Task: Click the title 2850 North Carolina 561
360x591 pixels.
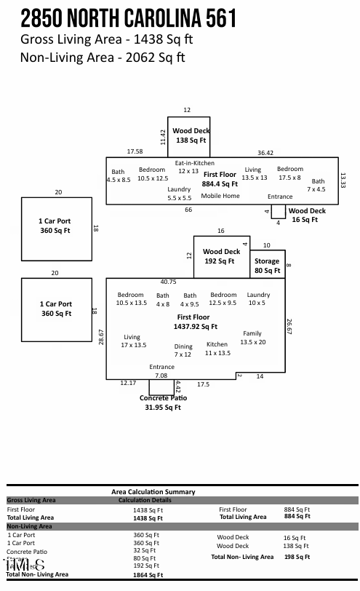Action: [x=129, y=17]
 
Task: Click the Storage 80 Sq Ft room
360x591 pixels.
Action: [x=267, y=266]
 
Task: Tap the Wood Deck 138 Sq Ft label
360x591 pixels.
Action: [x=191, y=135]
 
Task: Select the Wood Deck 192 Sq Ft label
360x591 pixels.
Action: [x=220, y=256]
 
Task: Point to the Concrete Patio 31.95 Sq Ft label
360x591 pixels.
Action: [x=163, y=402]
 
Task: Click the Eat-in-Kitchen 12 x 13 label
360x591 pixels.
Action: [x=195, y=167]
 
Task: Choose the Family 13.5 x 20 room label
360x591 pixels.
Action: [x=252, y=338]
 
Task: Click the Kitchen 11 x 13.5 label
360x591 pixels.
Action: [x=217, y=349]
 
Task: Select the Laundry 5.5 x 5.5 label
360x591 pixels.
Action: [x=179, y=193]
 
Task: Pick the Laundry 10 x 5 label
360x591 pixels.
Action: [x=258, y=298]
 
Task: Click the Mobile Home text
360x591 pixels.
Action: [x=220, y=196]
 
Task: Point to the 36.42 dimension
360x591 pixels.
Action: [x=265, y=153]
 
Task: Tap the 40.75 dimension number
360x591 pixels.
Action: [x=168, y=282]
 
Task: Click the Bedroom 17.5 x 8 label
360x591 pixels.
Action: [x=290, y=173]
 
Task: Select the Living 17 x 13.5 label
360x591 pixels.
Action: [x=132, y=341]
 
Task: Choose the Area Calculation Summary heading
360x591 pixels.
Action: [x=153, y=492]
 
